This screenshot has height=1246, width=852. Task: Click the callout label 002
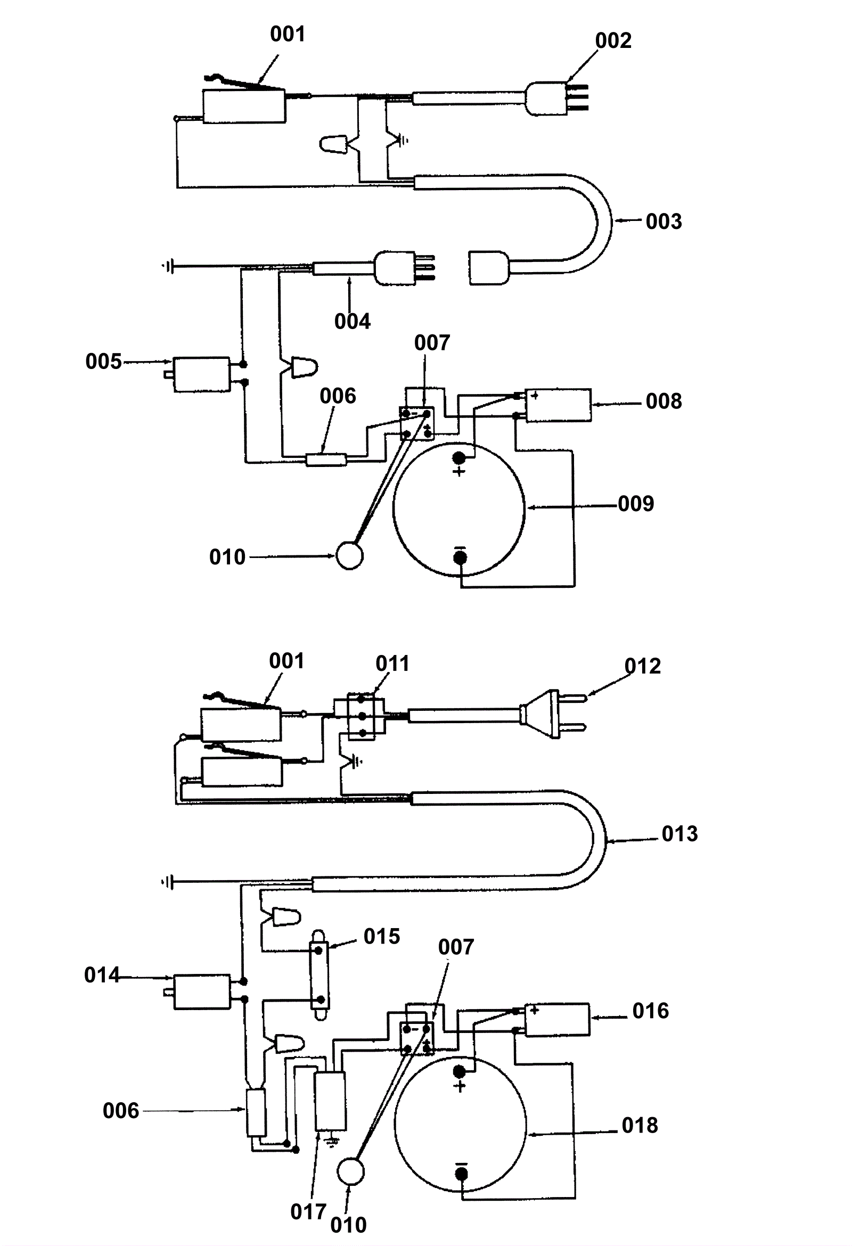[613, 41]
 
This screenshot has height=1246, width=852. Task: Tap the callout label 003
[664, 222]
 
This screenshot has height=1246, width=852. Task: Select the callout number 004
[353, 322]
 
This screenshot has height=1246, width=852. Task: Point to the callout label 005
[103, 362]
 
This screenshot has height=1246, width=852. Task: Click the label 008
[664, 401]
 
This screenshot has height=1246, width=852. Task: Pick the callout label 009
[636, 503]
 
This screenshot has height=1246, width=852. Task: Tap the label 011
[392, 664]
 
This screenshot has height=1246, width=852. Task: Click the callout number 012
[643, 666]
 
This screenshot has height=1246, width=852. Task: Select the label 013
[680, 834]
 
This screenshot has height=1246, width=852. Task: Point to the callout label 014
[102, 975]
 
